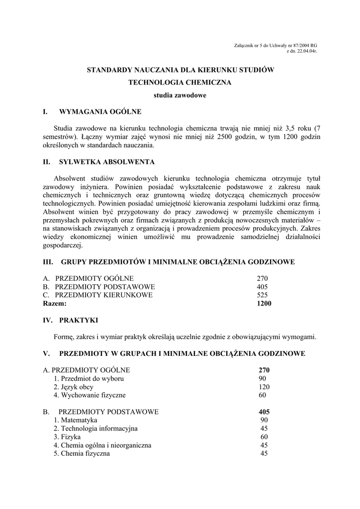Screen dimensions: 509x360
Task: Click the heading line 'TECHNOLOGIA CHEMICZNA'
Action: [x=180, y=83]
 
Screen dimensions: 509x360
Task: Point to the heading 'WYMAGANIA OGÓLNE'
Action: [x=100, y=111]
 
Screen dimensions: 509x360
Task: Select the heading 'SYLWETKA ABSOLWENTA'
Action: [x=107, y=162]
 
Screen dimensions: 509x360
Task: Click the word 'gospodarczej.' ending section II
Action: [x=63, y=245]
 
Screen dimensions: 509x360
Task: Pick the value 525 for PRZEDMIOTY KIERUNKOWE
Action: [x=263, y=295]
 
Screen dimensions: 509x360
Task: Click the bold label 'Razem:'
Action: [x=55, y=303]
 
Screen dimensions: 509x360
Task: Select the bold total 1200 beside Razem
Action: [x=264, y=303]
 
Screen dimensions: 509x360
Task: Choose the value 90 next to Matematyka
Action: [x=264, y=421]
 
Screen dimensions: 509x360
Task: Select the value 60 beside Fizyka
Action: [x=264, y=437]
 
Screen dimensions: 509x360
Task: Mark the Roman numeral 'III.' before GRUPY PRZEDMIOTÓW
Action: [x=48, y=261]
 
